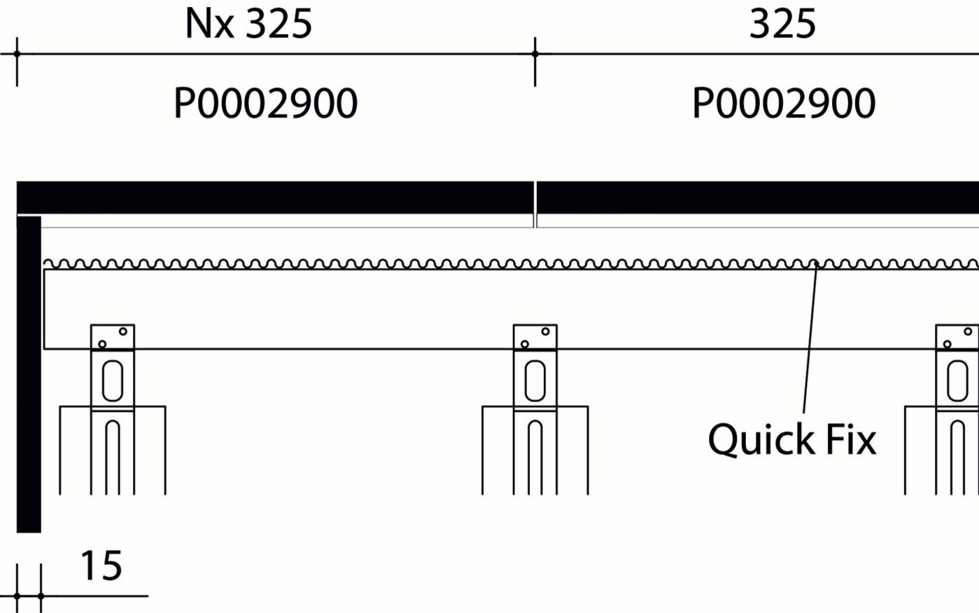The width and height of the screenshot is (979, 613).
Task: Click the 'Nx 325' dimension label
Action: click(248, 24)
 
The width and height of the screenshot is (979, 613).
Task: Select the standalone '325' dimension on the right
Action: click(782, 24)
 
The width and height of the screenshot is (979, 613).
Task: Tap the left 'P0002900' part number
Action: click(265, 104)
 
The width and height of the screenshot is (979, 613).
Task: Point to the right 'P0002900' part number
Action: click(784, 104)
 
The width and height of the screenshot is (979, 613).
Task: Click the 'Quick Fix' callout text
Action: click(791, 440)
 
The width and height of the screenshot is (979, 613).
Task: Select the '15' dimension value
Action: click(101, 566)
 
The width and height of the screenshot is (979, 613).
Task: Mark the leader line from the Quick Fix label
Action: click(810, 336)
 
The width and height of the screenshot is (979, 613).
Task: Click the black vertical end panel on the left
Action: click(29, 375)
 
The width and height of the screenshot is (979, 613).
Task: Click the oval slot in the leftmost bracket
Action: click(113, 380)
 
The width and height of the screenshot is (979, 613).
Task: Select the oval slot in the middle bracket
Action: click(535, 380)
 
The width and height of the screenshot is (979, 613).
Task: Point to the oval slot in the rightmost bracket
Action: click(957, 380)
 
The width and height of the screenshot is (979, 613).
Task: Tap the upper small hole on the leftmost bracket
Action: click(123, 331)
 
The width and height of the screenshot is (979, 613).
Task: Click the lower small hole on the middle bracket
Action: click(525, 344)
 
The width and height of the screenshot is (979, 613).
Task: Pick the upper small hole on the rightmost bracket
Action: click(968, 331)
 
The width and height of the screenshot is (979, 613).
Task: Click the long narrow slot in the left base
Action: click(113, 455)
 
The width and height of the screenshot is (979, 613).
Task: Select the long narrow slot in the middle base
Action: click(535, 455)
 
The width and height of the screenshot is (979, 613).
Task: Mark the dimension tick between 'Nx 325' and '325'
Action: click(535, 53)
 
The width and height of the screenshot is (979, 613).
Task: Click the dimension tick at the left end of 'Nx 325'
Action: click(17, 53)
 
